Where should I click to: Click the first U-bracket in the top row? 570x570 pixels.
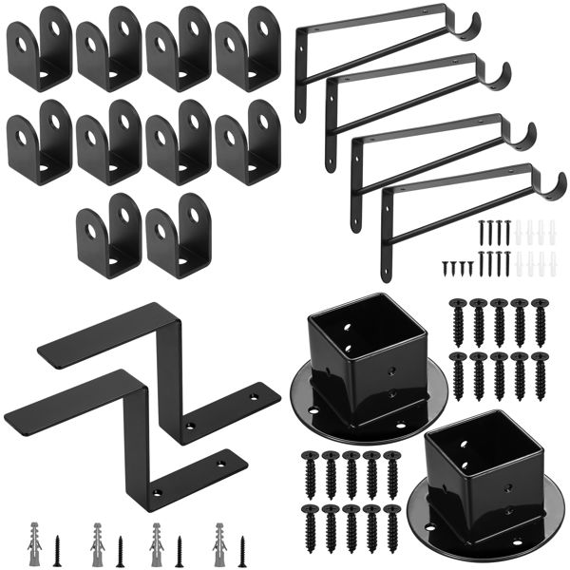coord(39,47)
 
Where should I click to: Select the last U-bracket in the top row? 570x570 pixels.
coord(249,47)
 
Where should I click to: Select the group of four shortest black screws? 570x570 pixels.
coord(457,266)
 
